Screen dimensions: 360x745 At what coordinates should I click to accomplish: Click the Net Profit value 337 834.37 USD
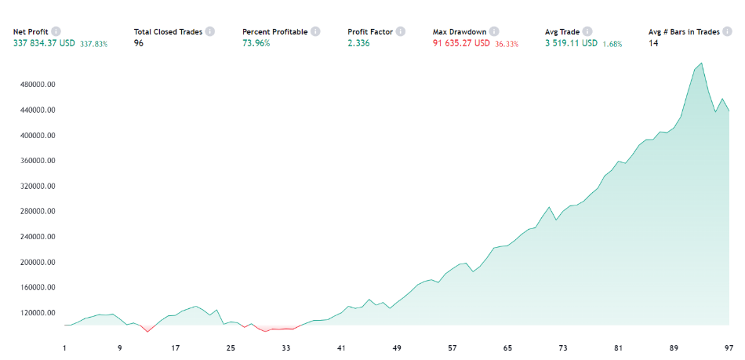pos(44,43)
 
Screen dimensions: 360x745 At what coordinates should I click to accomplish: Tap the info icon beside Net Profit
pos(56,31)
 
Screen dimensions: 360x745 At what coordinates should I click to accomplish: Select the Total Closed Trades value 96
pos(139,43)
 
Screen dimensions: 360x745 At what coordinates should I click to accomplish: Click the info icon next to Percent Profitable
pos(315,31)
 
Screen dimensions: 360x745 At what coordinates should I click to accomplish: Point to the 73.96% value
pos(256,43)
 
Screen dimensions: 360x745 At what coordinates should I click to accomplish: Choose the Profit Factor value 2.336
pos(359,43)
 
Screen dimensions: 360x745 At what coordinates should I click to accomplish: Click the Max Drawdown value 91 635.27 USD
pos(461,43)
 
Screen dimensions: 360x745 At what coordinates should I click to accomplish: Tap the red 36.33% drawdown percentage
pos(507,44)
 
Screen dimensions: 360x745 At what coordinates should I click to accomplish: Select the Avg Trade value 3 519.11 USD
pos(571,43)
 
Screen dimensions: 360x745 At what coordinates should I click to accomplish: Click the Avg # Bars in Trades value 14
pos(653,43)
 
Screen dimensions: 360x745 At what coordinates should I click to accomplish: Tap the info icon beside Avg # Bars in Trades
pos(727,31)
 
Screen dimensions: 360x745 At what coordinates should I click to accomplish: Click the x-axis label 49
pos(397,347)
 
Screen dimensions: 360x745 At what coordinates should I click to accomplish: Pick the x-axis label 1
pos(65,347)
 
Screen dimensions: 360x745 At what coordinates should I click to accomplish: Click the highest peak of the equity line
pos(701,64)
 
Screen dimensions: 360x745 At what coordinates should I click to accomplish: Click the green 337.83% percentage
pos(93,44)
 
